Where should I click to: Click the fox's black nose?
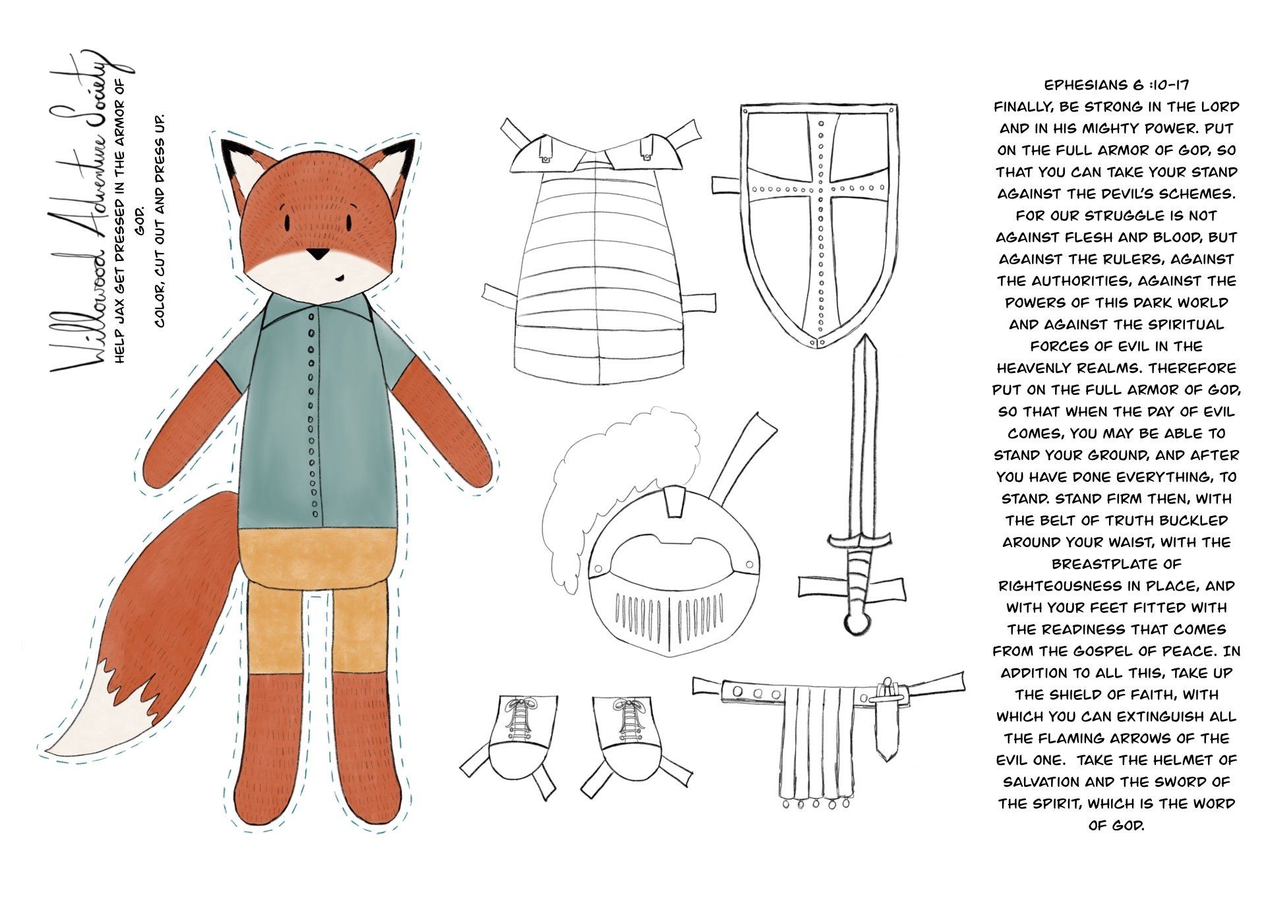click(318, 254)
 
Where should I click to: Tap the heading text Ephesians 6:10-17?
click(1116, 85)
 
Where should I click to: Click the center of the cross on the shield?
click(820, 187)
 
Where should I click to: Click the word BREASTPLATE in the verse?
click(1117, 564)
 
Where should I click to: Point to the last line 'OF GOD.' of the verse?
click(1116, 825)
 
